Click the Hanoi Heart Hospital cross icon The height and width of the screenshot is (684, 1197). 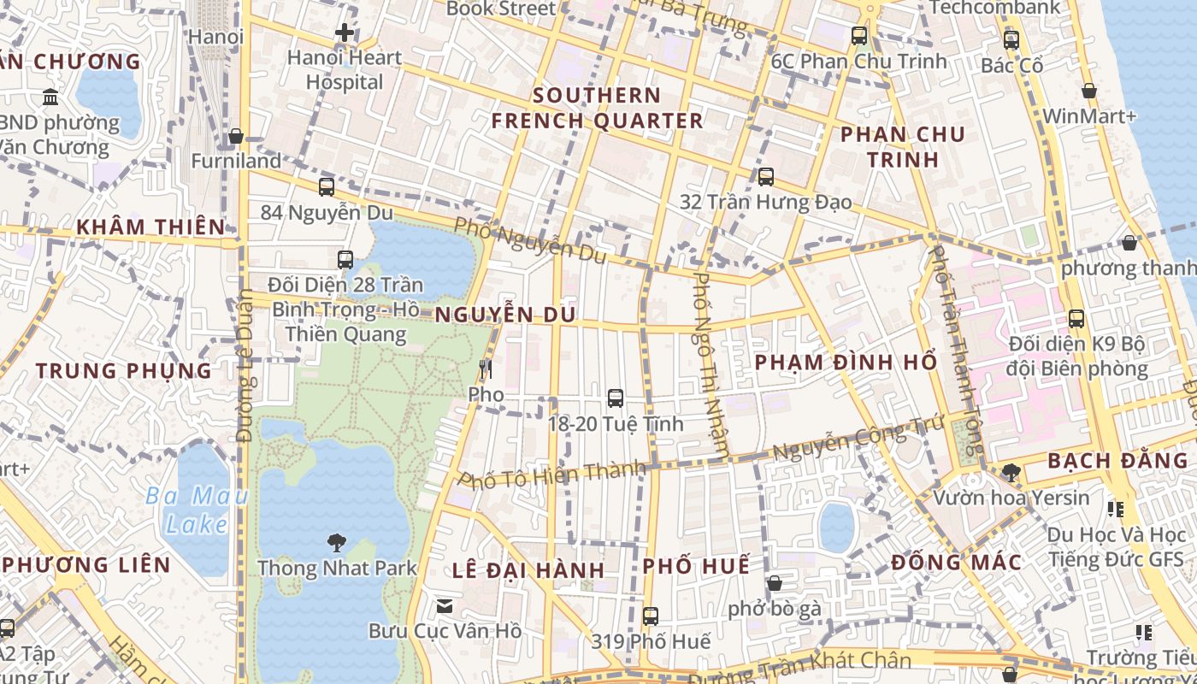345,33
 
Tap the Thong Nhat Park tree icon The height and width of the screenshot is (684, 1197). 337,541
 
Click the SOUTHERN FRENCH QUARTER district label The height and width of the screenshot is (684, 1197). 597,108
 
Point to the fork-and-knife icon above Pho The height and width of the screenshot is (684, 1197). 486,369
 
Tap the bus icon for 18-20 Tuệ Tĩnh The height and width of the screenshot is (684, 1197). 615,398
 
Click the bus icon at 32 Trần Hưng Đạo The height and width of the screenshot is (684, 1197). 766,177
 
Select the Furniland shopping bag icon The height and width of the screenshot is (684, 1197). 236,136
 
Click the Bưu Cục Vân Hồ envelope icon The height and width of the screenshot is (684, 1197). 445,606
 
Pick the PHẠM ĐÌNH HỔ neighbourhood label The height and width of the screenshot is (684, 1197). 846,362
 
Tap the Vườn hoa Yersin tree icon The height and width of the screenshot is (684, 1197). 1011,472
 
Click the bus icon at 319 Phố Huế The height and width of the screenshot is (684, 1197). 651,616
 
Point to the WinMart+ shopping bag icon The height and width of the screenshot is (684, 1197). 1089,91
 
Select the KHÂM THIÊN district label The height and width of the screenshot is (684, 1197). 151,227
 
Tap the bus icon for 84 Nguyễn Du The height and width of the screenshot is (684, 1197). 327,187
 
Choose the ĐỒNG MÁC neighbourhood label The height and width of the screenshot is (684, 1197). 956,563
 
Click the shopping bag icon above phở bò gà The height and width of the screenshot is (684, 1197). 775,583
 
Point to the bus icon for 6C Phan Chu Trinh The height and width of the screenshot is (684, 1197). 859,36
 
